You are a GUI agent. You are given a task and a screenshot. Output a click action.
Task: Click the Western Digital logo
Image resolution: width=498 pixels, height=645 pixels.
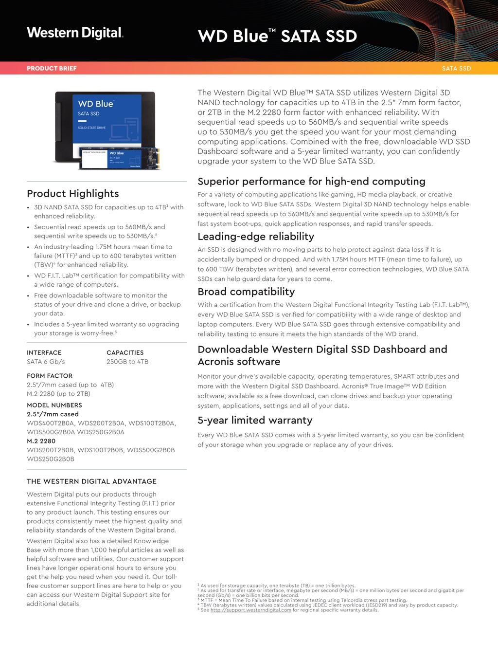(x=75, y=33)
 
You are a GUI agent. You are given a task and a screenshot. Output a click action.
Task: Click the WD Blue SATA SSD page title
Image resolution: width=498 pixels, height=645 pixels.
(x=277, y=36)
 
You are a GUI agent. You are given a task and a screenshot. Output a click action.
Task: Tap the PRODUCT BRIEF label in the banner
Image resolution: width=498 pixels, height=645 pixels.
(x=52, y=68)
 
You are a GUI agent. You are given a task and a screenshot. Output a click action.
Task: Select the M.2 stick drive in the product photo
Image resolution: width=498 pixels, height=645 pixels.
(x=120, y=159)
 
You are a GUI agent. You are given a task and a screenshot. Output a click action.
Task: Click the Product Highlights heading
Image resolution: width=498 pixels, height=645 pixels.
(x=73, y=193)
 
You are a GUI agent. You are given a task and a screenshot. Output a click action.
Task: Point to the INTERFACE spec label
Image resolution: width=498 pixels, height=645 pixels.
(x=44, y=352)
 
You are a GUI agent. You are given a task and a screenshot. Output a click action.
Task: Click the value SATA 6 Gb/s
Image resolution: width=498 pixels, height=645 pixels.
(x=46, y=362)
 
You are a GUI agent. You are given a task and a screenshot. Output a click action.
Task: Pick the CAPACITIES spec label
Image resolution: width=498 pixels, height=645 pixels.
(x=125, y=352)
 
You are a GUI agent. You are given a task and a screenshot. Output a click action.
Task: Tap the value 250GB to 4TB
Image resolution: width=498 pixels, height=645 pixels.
(x=127, y=362)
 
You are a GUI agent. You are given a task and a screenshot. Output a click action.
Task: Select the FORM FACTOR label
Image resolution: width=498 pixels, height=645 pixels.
(x=50, y=376)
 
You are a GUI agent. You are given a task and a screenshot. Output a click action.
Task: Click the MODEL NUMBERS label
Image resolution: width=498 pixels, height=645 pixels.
(x=54, y=405)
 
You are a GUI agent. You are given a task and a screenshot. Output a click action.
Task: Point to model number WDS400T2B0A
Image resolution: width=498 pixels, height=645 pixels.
(x=51, y=423)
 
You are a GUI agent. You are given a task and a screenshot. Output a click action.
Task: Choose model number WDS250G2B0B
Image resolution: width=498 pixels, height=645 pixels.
(x=51, y=459)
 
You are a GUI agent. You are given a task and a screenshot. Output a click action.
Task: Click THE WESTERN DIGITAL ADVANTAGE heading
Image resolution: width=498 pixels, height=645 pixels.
(x=91, y=481)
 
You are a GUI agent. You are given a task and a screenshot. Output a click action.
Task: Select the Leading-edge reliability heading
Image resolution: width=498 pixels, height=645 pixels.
(x=256, y=237)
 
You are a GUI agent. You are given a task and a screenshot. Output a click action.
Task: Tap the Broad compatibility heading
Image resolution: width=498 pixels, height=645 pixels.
(x=246, y=292)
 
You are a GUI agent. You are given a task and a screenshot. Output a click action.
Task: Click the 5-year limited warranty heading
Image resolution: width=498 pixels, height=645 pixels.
(x=255, y=420)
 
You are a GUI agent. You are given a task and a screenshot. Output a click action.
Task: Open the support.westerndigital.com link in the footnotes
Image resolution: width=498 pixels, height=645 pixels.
(x=251, y=610)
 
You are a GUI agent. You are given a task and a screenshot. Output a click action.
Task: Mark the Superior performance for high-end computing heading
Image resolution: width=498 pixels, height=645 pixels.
(x=311, y=182)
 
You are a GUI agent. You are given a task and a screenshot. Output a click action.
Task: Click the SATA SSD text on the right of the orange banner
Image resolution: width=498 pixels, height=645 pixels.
(x=456, y=68)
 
